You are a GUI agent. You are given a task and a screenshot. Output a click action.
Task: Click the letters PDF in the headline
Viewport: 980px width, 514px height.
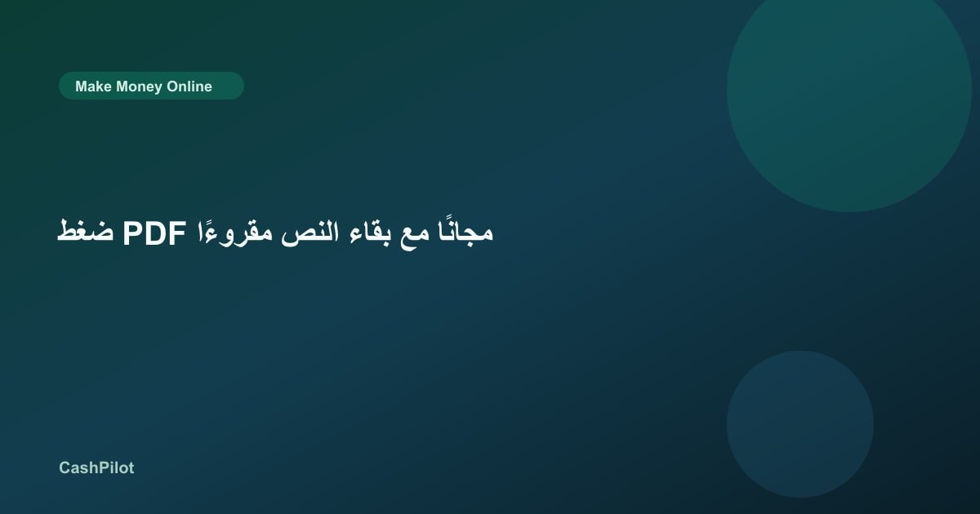[x=154, y=233]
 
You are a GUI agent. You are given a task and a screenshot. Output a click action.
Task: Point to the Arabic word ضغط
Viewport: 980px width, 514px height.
[x=85, y=232]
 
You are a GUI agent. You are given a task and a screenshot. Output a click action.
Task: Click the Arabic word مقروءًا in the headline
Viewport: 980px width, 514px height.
[x=235, y=233]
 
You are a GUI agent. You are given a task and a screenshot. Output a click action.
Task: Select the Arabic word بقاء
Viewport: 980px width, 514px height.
[x=370, y=232]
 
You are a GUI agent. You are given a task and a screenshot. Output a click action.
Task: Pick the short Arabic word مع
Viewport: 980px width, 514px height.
[x=415, y=235]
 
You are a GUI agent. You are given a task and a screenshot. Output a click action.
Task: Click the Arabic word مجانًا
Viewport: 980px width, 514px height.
[x=466, y=231]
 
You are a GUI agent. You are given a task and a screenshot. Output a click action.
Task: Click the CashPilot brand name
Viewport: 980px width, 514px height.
[x=96, y=467]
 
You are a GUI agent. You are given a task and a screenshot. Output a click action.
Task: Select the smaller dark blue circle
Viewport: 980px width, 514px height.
[x=800, y=424]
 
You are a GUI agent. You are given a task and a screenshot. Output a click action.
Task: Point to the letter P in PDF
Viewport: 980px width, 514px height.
[x=132, y=233]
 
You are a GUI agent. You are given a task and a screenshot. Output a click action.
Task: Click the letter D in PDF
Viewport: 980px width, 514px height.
[x=155, y=233]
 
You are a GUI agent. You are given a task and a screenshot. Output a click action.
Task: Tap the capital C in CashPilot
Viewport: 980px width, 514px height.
[x=65, y=467]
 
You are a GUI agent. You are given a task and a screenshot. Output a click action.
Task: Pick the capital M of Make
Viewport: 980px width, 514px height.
[x=81, y=86]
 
